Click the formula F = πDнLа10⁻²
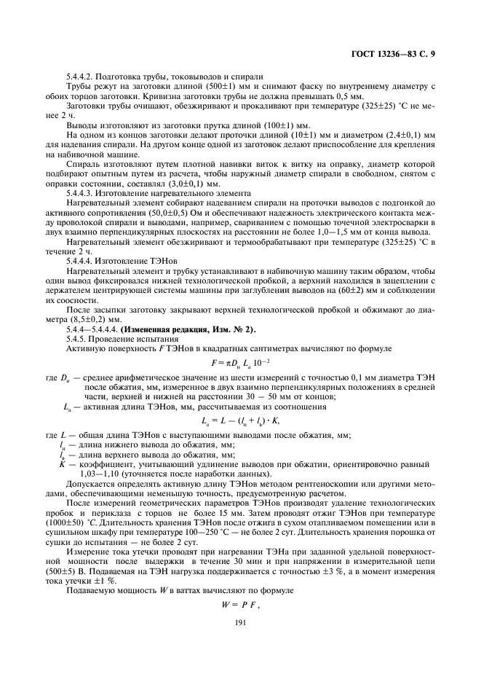point(240,362)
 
